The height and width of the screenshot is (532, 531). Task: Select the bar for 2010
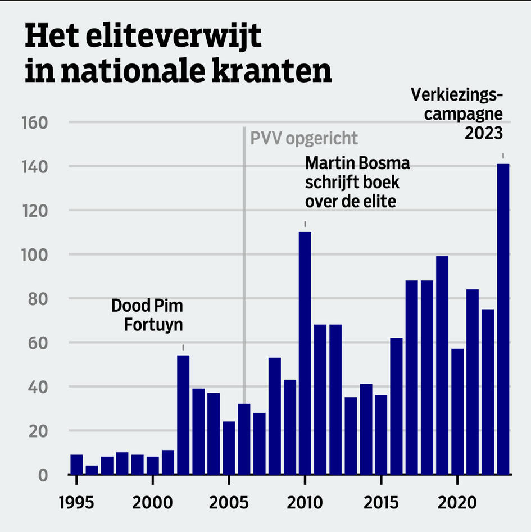coord(305,353)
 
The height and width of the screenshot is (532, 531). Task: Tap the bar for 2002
coord(183,415)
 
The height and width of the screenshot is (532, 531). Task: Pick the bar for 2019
coord(442,365)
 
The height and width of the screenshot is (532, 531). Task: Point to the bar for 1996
coord(92,470)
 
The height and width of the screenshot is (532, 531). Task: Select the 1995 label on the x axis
coord(76,501)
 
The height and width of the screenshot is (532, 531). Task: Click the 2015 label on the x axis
coord(381,501)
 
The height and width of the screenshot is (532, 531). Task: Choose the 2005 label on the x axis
coord(229,501)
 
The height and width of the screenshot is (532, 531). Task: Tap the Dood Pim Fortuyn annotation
coord(147,315)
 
